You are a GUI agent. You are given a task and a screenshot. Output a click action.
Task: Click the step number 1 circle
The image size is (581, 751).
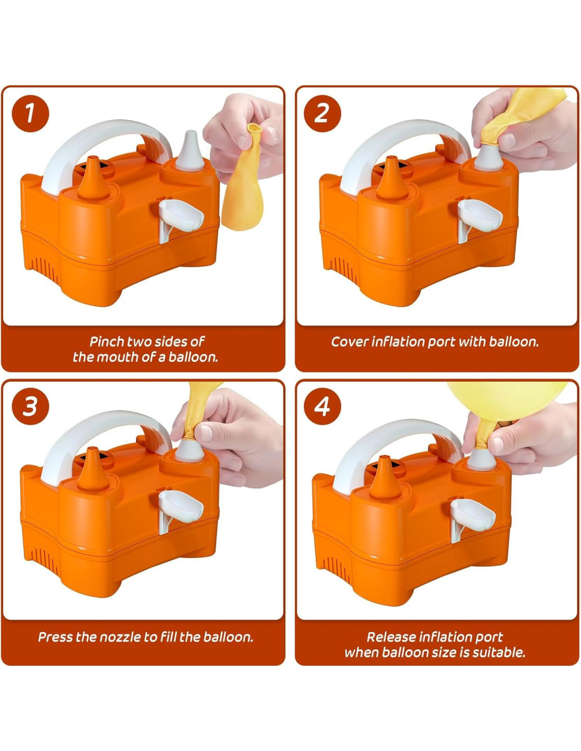tap(31, 114)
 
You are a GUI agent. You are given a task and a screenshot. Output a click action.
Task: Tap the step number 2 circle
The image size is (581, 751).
tap(322, 114)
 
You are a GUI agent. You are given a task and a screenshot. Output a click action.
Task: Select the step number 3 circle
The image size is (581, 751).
tap(31, 406)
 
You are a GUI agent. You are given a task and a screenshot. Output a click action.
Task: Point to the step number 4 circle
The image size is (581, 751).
tap(322, 406)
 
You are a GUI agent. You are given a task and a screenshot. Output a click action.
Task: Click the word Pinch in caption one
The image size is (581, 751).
tap(107, 342)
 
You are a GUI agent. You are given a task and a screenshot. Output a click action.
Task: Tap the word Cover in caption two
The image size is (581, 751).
tap(350, 342)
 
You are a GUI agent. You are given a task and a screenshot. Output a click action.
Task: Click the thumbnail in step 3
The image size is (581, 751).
tap(207, 433)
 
